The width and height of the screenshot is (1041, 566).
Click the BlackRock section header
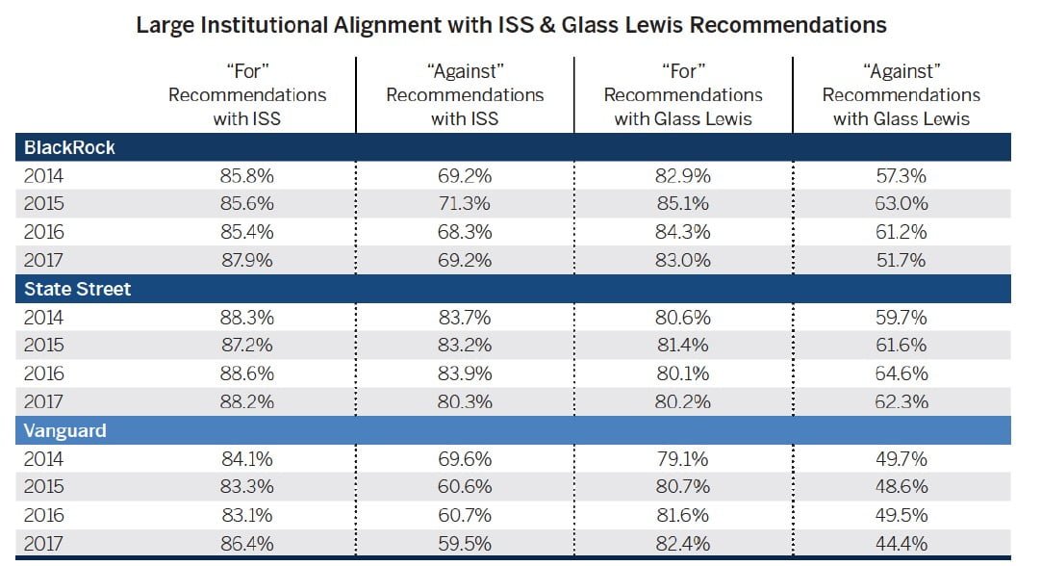pos(68,148)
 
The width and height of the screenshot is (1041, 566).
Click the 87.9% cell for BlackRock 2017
pos(247,260)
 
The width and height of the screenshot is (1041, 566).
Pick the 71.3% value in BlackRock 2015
pos(465,204)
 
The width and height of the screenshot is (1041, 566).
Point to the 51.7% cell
pos(901,260)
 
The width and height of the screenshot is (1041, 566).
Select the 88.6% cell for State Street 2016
pos(247,373)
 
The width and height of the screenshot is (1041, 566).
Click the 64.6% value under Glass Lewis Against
pos(901,373)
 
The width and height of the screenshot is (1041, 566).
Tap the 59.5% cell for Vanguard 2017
pos(465,543)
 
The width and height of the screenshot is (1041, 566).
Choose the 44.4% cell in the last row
pos(901,543)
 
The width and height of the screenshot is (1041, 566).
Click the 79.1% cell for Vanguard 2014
pos(682,458)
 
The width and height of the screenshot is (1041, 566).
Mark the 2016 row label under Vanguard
pos(42,515)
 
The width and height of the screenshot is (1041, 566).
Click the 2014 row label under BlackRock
pos(42,176)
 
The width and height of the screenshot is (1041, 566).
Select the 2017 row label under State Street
pos(42,401)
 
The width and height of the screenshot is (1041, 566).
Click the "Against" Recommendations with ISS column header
pos(465,94)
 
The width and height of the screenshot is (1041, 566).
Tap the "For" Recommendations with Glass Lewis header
pos(682,94)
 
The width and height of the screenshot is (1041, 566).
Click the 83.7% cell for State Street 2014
pos(465,318)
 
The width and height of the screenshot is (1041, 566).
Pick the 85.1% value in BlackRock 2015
pos(682,204)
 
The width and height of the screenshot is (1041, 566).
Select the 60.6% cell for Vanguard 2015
pos(465,487)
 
